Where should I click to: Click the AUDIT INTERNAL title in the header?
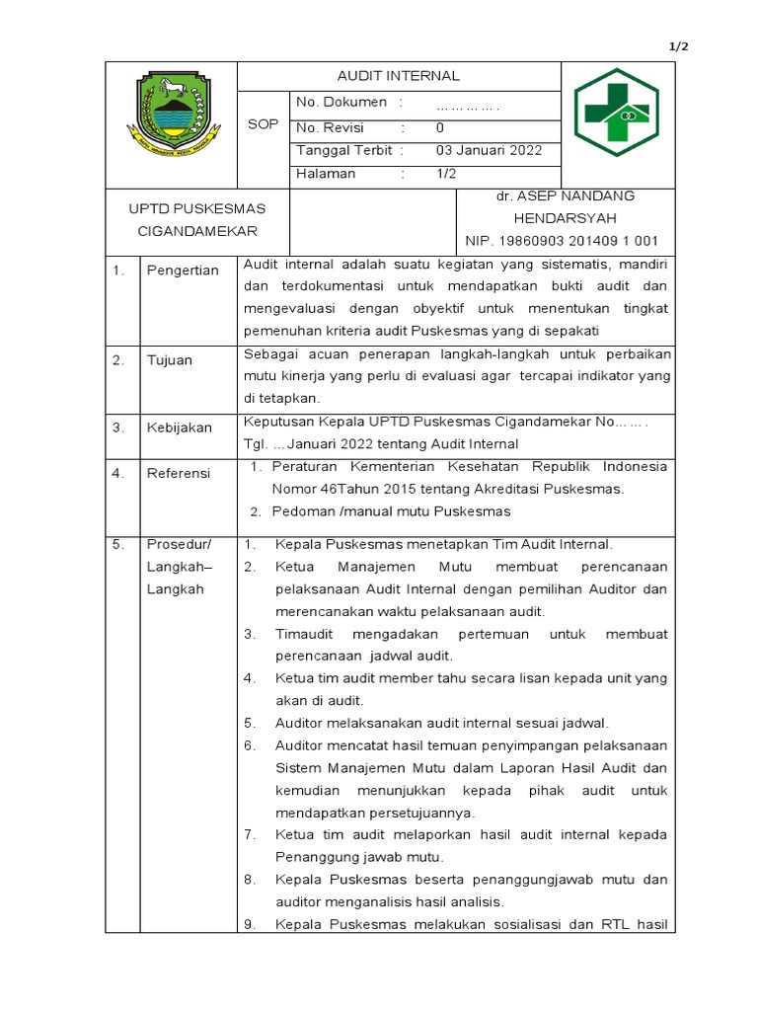click(399, 76)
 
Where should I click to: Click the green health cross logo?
click(618, 113)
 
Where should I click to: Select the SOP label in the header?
click(264, 124)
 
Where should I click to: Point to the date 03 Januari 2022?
click(490, 151)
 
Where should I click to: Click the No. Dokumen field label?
click(341, 103)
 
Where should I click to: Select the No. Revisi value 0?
click(440, 127)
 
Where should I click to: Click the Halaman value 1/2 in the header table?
click(446, 174)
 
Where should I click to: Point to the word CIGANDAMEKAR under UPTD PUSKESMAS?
click(196, 231)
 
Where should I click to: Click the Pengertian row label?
click(183, 271)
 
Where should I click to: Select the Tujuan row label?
click(170, 360)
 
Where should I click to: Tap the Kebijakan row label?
click(180, 428)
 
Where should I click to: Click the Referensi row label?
click(179, 474)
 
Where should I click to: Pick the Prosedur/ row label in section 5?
click(177, 544)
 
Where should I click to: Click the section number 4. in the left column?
click(118, 474)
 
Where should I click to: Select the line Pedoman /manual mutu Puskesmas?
click(392, 510)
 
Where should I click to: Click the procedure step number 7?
click(251, 835)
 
